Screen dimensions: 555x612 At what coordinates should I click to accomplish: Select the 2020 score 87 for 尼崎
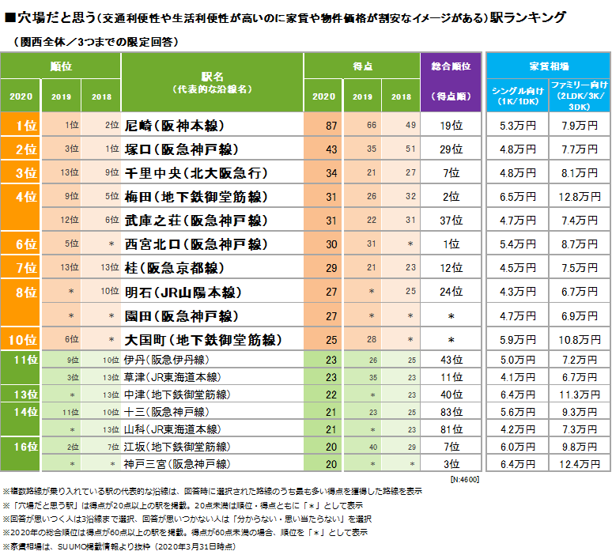tap(331, 125)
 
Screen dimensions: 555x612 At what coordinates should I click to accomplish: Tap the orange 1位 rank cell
tap(26, 125)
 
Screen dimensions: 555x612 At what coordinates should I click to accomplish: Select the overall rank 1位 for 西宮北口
tap(451, 245)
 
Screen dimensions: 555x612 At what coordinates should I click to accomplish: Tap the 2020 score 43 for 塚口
tap(331, 149)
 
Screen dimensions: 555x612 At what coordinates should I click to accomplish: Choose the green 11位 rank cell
tap(26, 360)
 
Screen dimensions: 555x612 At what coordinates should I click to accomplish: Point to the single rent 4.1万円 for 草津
tap(518, 377)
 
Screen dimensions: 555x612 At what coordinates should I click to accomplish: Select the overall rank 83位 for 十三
tap(451, 412)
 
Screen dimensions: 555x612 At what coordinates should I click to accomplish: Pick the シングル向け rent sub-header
tap(518, 93)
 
